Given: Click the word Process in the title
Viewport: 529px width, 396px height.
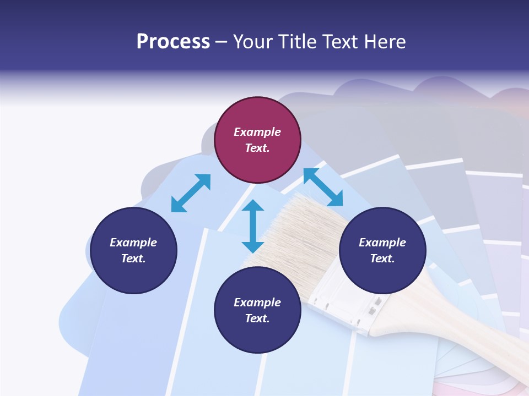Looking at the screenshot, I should click(x=173, y=41).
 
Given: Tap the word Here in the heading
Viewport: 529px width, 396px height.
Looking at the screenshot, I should click(x=384, y=41).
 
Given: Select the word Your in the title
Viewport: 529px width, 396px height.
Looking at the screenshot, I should click(x=252, y=41).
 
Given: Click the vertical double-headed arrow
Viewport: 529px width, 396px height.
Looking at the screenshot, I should click(x=253, y=226).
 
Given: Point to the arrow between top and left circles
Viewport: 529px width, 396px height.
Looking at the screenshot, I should click(x=191, y=193).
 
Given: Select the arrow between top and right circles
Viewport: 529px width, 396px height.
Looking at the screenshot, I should click(x=323, y=187).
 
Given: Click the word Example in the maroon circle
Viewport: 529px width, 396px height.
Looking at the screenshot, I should click(x=257, y=132).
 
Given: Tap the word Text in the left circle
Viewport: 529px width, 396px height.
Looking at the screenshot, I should click(x=133, y=258).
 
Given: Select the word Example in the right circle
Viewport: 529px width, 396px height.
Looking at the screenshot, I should click(x=382, y=243).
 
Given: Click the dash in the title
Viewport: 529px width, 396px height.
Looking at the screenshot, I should click(x=221, y=42).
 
